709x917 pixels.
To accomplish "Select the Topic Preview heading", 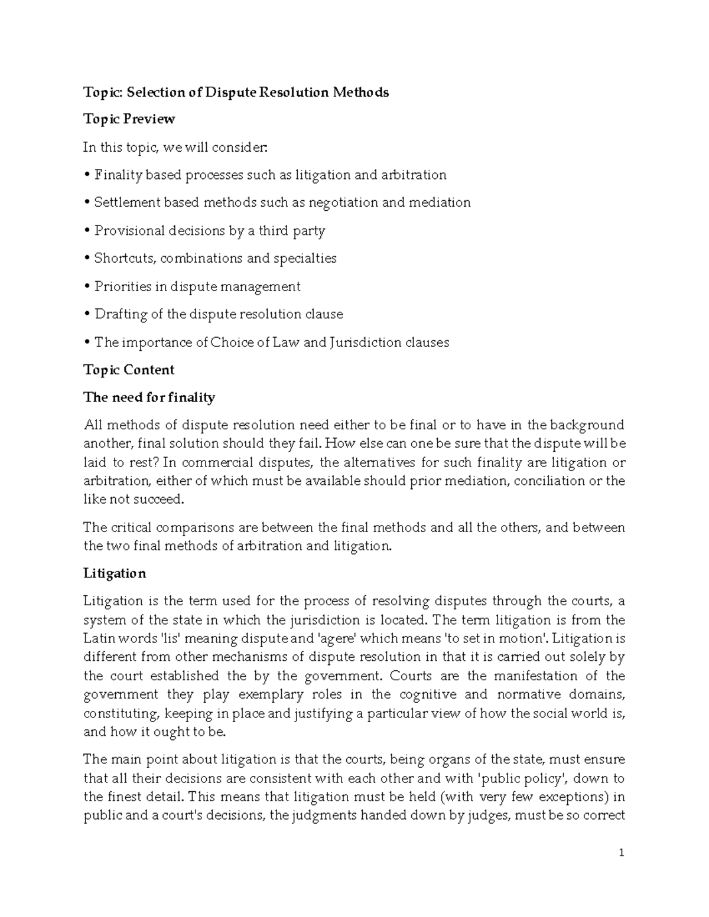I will coord(129,119).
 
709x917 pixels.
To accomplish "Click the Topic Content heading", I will coord(129,370).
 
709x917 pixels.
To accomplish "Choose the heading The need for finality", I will coord(149,397).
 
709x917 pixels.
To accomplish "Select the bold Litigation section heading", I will coord(115,573).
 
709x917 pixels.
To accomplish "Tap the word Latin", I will coord(97,638).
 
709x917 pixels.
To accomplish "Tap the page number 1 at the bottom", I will coord(622,853).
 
